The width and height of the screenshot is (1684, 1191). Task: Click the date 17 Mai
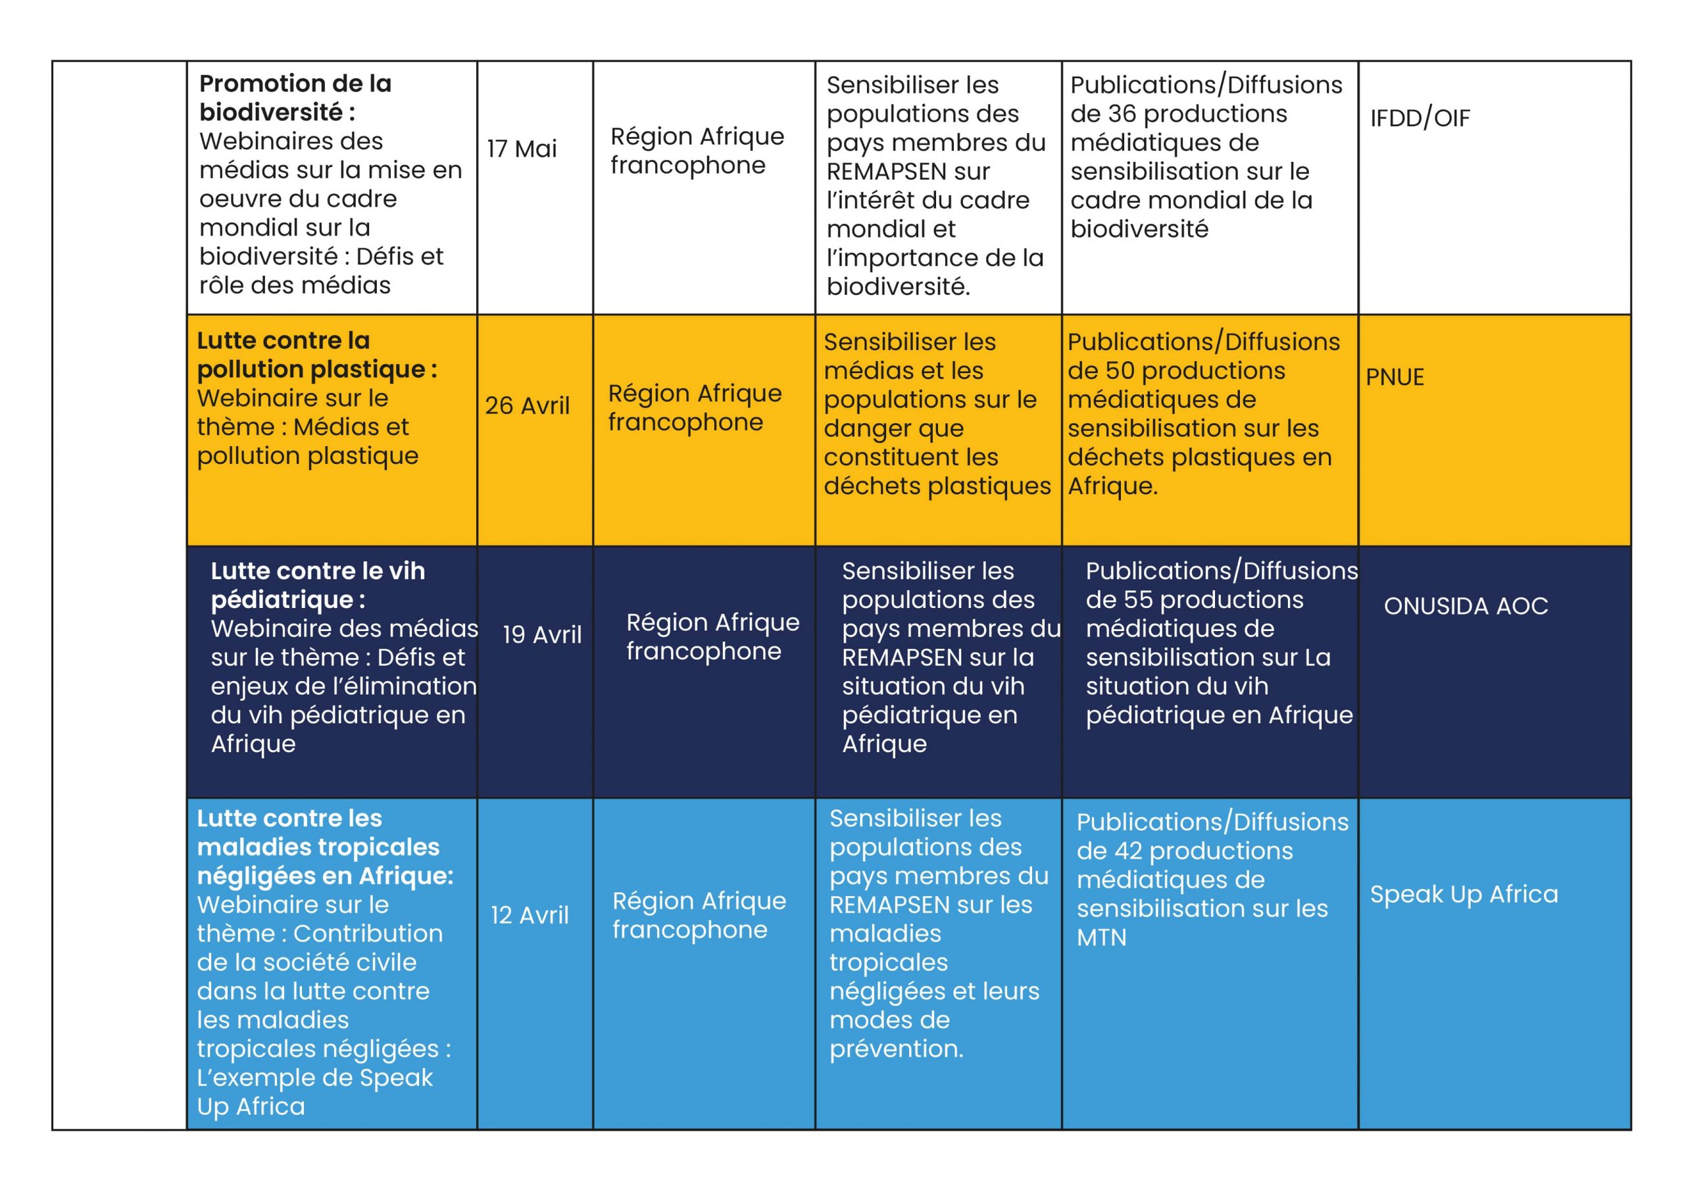point(522,149)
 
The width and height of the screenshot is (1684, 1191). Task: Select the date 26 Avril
point(527,406)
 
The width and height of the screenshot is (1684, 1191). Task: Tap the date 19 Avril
point(542,635)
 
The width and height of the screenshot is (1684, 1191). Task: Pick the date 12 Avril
point(530,915)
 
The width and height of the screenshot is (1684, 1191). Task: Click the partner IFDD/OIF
point(1420,118)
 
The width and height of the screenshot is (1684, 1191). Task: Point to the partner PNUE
point(1395,377)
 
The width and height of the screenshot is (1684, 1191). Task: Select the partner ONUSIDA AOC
point(1466,606)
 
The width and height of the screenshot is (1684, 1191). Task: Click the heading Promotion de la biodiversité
point(295,97)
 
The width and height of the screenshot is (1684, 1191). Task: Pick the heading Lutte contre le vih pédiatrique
point(318,585)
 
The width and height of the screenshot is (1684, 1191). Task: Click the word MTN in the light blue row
point(1101,938)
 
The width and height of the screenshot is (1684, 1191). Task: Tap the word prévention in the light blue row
point(895,1049)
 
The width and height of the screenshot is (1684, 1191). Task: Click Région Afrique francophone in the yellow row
point(695,407)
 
